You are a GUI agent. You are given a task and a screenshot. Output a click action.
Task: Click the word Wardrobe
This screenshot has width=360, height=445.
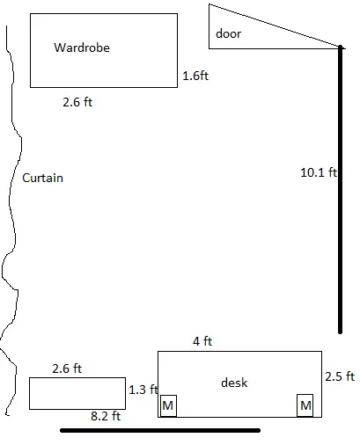pos(82,47)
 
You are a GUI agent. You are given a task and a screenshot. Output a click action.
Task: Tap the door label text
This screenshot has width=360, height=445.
pos(228,33)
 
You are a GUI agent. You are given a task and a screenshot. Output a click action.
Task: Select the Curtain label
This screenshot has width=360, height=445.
pos(43,178)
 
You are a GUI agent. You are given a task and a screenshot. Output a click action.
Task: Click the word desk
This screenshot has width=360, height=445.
pos(234,383)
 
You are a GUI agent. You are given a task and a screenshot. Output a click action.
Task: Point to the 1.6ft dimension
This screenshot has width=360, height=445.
pos(195,76)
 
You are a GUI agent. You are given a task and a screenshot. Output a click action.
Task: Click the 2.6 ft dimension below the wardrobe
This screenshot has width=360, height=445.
pos(77,102)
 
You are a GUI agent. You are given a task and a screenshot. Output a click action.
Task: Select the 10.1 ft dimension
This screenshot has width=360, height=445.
pos(319,172)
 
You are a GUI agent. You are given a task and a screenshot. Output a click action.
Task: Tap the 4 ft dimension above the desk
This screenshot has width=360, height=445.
pos(202,341)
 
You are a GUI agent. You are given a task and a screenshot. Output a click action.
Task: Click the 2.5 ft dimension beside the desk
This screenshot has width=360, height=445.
pos(340,376)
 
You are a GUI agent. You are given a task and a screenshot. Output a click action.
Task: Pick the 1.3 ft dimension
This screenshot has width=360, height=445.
pos(143,390)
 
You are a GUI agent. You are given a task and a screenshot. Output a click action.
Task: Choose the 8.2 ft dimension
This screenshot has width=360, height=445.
pos(106,416)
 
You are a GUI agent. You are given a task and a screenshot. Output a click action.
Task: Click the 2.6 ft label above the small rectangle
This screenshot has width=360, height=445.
pos(67,368)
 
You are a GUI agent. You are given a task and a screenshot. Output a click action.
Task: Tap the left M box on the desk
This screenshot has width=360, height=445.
pos(168,405)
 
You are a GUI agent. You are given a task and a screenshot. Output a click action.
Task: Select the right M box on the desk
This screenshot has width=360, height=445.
pos(305,405)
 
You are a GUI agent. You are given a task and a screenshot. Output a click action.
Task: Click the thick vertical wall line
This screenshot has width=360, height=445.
pos(340,190)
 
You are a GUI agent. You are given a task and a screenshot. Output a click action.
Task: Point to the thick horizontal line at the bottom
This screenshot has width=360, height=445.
pos(160,430)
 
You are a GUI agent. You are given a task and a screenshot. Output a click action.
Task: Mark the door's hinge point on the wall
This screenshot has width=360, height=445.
pos(340,47)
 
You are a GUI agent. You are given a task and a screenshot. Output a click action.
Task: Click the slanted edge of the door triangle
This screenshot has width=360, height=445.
pos(275,26)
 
